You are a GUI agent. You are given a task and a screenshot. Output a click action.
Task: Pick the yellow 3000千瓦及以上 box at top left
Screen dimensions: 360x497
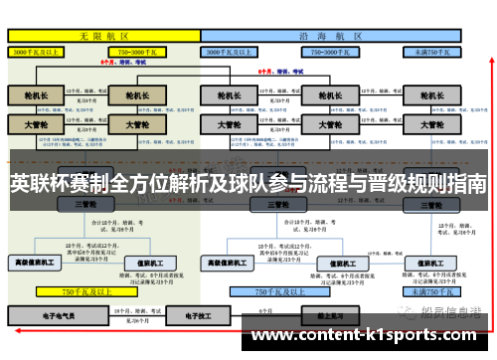(x=40, y=49)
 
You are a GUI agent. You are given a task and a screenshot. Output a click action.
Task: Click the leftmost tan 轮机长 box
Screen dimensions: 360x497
(x=36, y=96)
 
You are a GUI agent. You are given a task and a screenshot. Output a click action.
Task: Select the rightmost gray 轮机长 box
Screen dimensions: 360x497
(x=430, y=96)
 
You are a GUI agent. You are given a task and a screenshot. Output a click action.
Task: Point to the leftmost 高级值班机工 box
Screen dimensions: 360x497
(x=36, y=264)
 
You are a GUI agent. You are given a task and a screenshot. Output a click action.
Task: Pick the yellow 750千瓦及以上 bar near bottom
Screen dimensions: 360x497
(x=90, y=292)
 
